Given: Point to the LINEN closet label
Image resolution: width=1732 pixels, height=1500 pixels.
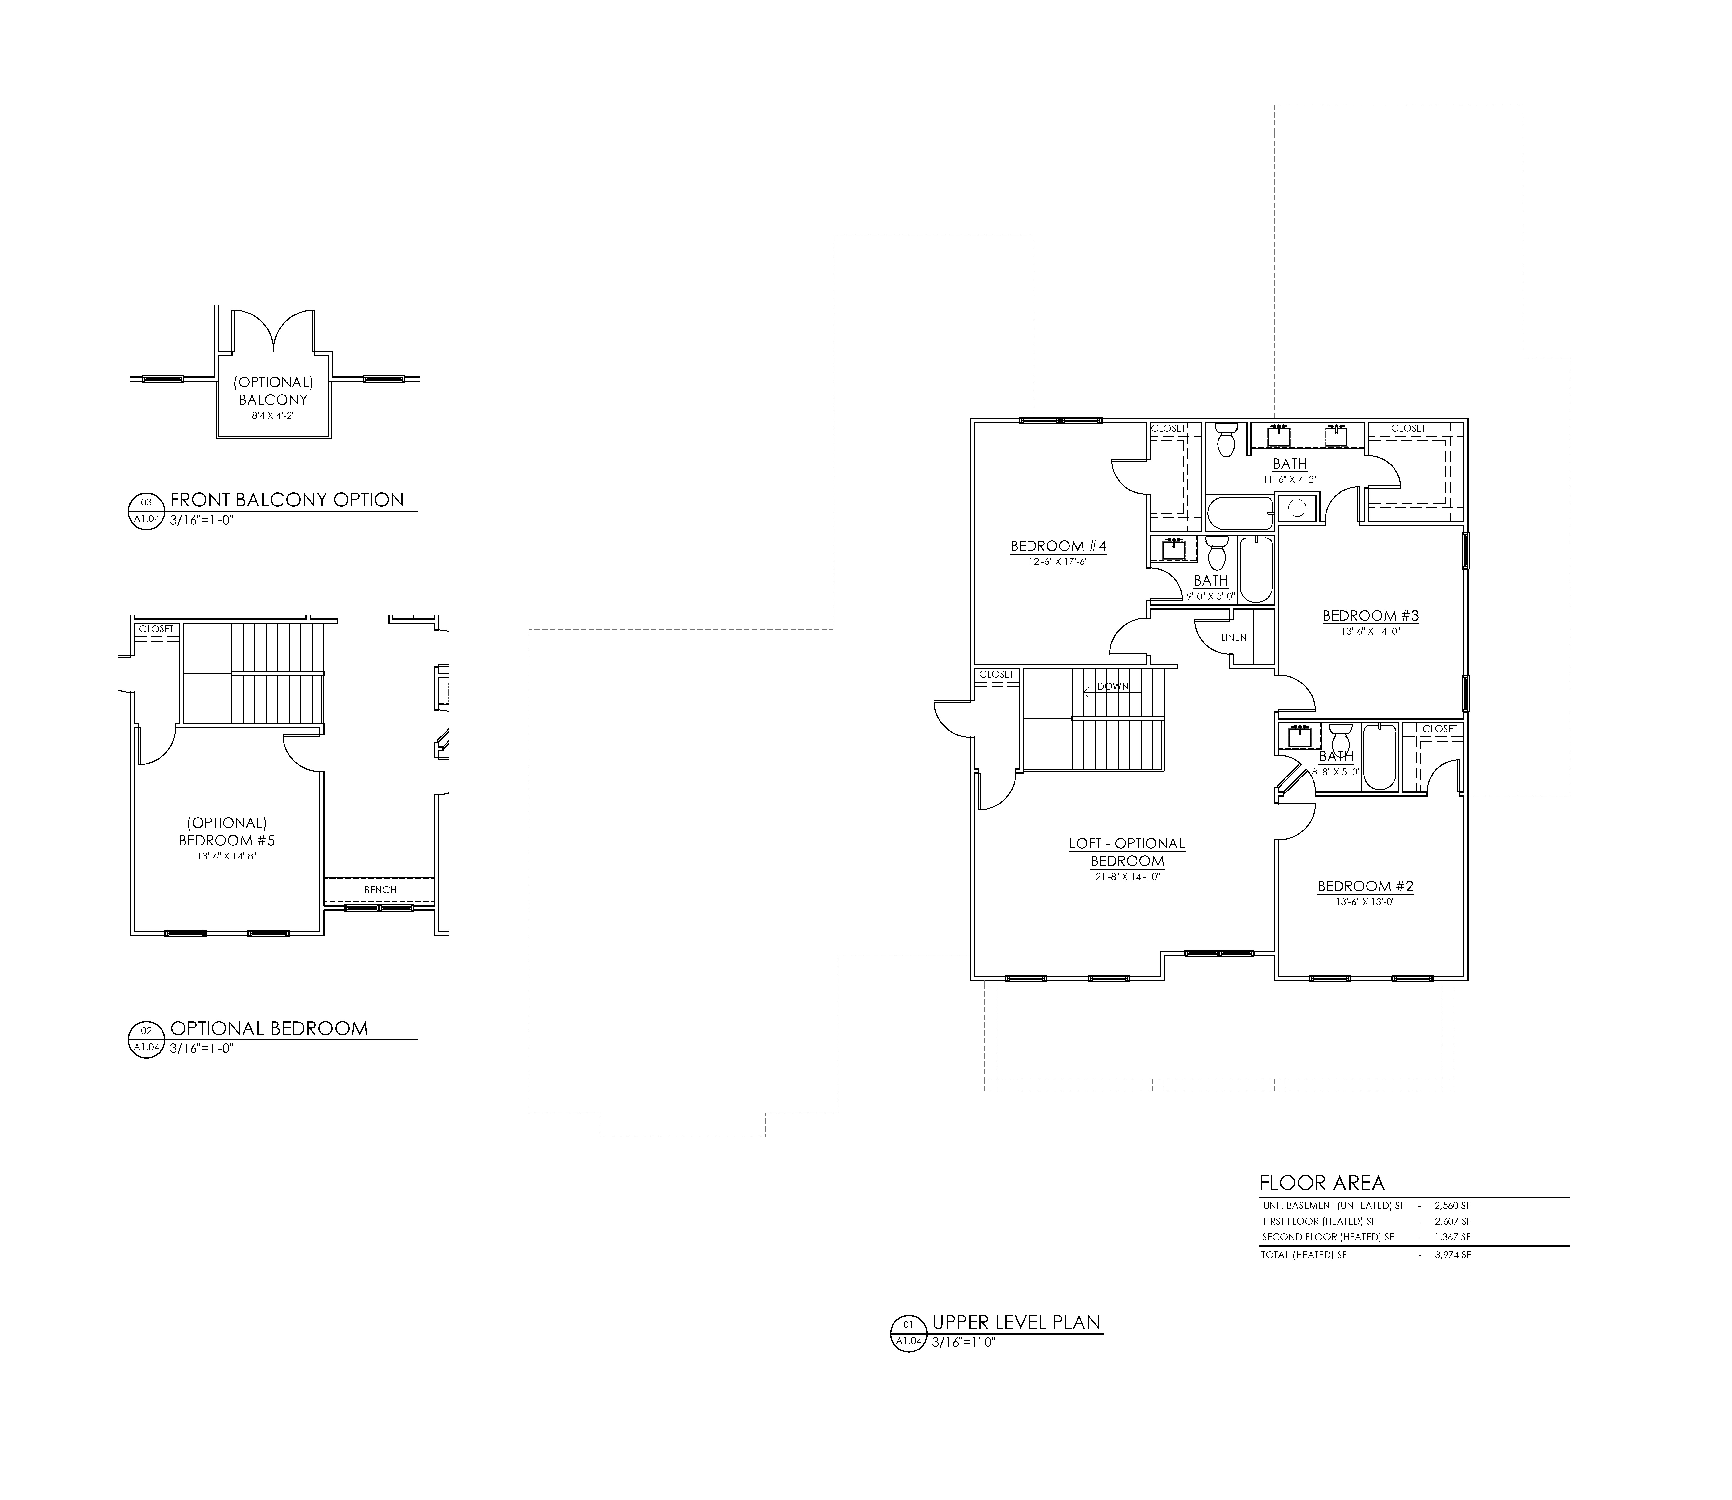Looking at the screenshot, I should [1233, 637].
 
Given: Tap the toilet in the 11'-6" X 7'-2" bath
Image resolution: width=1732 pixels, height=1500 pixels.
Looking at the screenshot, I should [1226, 439].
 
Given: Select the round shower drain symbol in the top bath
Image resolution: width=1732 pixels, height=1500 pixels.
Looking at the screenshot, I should [1297, 507].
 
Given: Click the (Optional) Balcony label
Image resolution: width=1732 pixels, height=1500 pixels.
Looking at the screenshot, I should [273, 391].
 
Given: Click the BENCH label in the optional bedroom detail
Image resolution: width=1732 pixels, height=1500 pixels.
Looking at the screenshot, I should [380, 890].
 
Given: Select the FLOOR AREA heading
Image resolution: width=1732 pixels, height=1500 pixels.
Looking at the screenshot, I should [1322, 1183].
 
